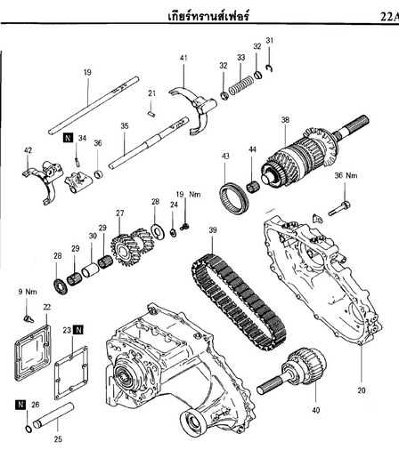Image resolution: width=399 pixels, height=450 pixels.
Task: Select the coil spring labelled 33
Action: point(241,84)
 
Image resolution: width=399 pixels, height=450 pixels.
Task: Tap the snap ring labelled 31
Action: point(269,68)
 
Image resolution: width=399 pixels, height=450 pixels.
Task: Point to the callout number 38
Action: point(285,120)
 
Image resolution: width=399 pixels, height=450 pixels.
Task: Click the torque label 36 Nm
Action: point(346,175)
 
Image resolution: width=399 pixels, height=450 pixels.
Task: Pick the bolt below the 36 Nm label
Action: point(339,208)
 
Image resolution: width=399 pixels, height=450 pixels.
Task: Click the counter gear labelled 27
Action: point(132,245)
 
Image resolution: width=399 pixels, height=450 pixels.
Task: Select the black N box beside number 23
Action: point(78,330)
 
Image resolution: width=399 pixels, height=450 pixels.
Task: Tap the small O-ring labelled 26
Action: point(28,429)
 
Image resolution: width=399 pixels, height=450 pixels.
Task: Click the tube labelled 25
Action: point(53,415)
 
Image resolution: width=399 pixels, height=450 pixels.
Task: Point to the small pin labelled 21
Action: point(151,114)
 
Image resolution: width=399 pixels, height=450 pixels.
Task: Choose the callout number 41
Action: point(183,58)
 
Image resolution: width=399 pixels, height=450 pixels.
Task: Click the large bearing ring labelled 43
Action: point(234,197)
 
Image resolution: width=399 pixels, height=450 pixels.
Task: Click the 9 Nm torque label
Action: point(28,292)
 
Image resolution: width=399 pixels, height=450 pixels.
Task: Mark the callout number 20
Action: point(362,390)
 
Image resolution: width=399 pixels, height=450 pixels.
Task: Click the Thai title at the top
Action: point(208,15)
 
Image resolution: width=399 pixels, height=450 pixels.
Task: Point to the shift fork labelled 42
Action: point(43,181)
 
